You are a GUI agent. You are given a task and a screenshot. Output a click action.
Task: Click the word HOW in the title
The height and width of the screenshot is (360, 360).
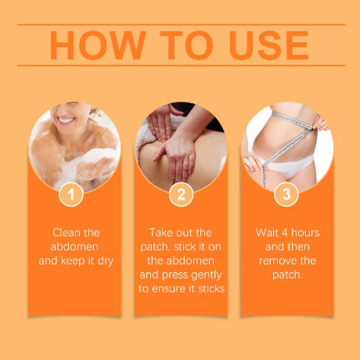(98, 45)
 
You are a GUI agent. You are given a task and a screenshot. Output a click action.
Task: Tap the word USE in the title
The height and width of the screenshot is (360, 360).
(269, 45)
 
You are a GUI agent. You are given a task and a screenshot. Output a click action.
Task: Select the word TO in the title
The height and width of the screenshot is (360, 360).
(186, 45)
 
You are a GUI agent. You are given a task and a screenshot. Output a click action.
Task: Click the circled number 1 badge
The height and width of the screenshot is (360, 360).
(71, 194)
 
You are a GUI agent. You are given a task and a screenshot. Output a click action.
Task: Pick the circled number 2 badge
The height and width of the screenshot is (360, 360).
(181, 194)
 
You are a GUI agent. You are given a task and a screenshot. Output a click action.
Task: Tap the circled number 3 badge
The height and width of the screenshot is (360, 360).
(286, 194)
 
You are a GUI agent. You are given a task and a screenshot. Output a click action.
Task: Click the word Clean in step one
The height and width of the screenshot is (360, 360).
(65, 232)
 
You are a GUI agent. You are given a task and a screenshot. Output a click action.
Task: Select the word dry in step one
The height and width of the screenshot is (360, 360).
(106, 261)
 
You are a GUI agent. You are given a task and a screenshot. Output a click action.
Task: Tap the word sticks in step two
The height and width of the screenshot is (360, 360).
(211, 289)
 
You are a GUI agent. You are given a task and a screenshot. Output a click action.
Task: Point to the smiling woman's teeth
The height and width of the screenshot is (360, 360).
(66, 121)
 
